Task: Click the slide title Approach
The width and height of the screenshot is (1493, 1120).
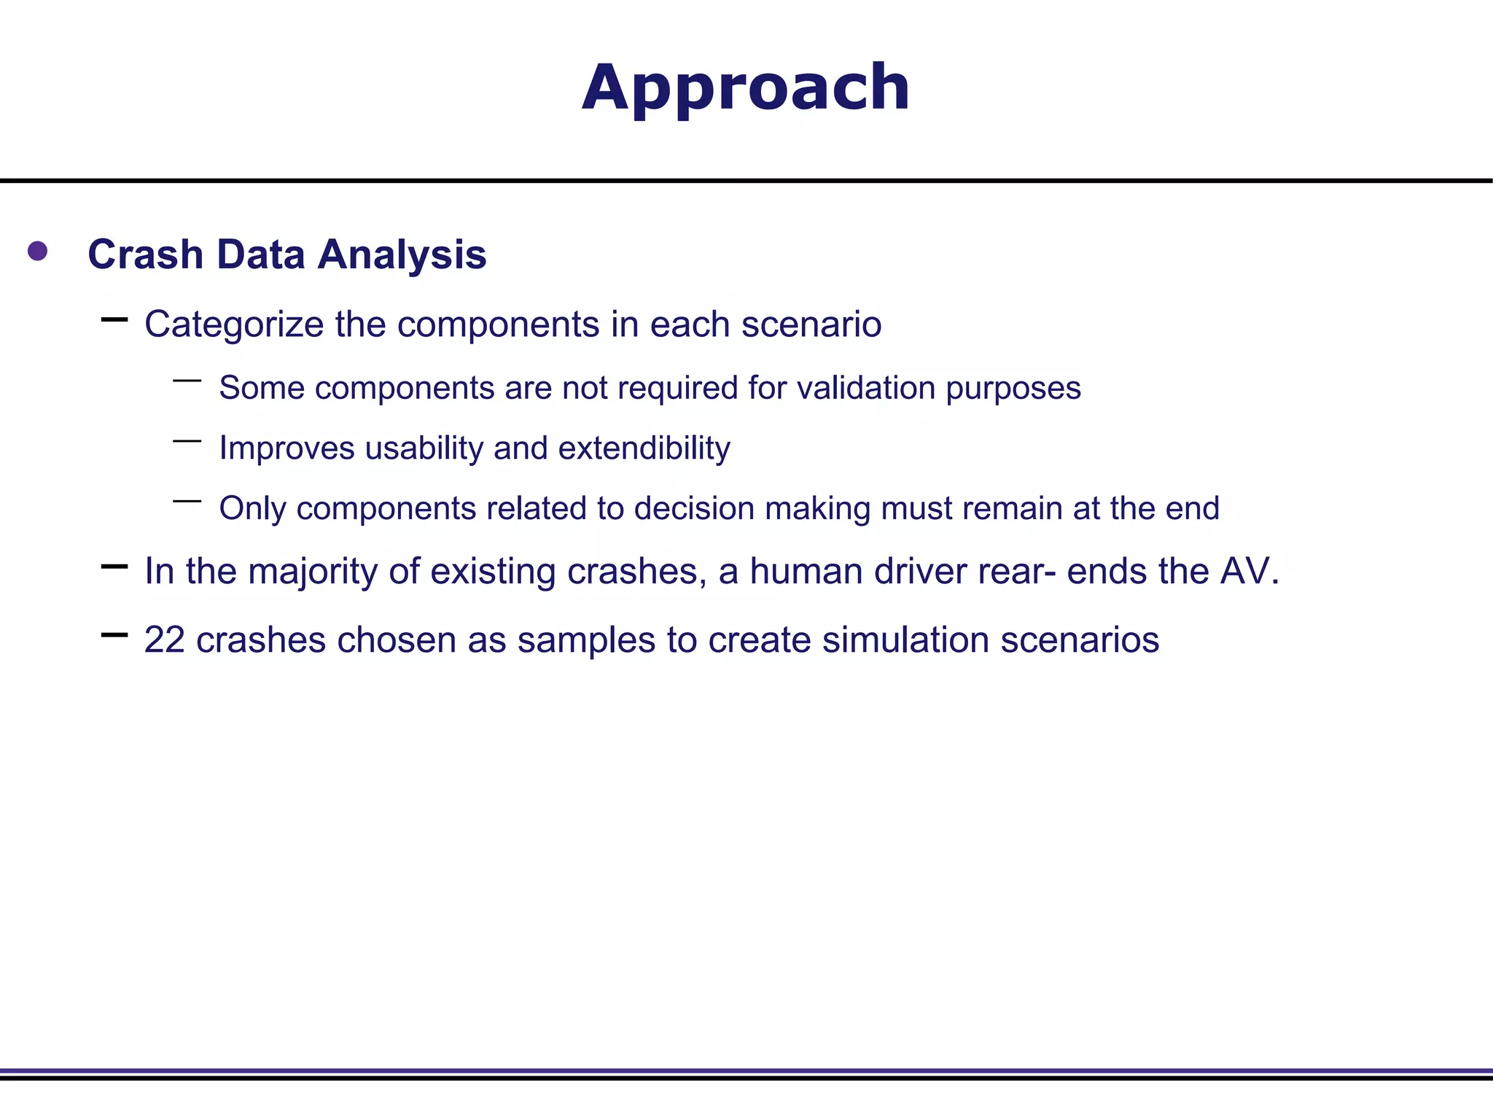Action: coord(746,88)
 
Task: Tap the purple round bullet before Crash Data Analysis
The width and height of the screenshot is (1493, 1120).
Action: coord(37,252)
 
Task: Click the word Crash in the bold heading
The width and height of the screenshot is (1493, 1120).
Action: coord(145,254)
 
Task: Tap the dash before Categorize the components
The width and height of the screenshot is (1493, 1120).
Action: coord(114,319)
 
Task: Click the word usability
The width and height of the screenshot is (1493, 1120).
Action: coord(424,448)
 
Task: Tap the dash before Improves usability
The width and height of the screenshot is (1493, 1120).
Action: coord(187,441)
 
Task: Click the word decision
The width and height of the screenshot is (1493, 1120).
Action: coord(693,508)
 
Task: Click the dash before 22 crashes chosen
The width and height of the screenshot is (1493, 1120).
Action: coord(114,635)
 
